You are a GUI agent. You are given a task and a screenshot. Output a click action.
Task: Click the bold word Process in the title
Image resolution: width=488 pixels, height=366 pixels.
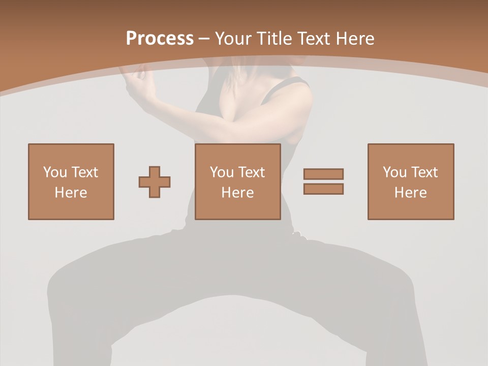[160, 39]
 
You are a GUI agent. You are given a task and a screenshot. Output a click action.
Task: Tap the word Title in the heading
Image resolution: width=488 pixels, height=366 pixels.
[275, 39]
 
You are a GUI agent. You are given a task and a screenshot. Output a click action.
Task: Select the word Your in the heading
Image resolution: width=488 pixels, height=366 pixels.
[234, 39]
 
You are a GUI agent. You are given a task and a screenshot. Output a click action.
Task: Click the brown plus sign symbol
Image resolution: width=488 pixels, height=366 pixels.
[155, 181]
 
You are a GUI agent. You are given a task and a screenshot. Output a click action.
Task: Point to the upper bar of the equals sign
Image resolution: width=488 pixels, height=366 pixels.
[323, 174]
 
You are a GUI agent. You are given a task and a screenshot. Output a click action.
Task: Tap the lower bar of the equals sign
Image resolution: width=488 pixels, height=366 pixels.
[323, 189]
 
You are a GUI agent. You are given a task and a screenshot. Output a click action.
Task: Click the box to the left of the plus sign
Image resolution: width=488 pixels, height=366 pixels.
[71, 181]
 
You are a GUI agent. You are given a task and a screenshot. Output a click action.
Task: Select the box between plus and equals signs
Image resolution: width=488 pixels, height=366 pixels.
[237, 181]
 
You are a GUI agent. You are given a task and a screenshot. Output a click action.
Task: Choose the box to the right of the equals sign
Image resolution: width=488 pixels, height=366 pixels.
[410, 181]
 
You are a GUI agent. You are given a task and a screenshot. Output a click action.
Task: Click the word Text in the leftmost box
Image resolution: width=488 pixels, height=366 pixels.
[84, 172]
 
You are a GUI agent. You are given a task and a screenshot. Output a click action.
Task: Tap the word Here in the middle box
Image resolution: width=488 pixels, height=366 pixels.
[237, 193]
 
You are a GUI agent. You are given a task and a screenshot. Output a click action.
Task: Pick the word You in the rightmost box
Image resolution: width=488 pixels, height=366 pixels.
[394, 172]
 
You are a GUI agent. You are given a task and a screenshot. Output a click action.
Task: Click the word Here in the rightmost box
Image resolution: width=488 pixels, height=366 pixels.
[410, 193]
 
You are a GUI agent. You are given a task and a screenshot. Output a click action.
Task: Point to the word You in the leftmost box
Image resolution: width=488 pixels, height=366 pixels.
[55, 172]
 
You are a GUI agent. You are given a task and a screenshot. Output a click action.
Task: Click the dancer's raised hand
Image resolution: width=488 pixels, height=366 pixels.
[136, 81]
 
